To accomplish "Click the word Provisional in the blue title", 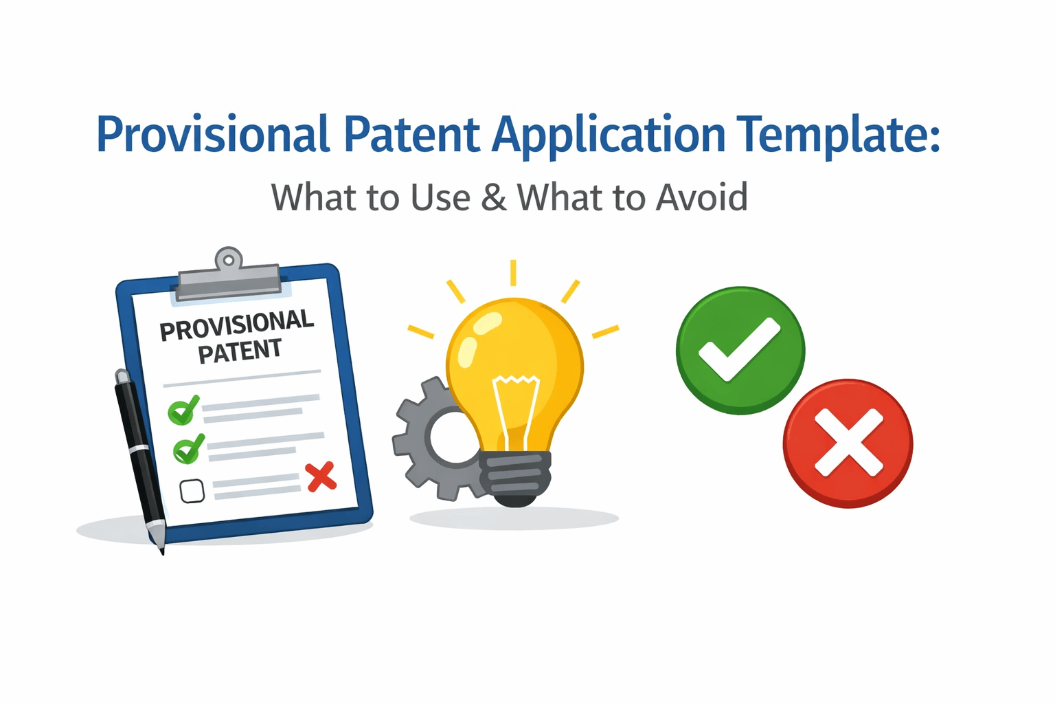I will [x=213, y=135].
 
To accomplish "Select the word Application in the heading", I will [x=609, y=135].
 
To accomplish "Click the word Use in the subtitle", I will [x=440, y=198].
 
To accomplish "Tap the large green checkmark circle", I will [x=740, y=351].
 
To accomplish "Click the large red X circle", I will [x=848, y=443].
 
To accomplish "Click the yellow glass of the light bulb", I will [x=515, y=364].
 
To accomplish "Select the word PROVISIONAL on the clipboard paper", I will [x=236, y=325].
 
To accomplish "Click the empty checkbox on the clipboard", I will [x=192, y=491].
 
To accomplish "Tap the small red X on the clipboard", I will [x=321, y=476].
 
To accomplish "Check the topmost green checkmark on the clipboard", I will [x=183, y=410].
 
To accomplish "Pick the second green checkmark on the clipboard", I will [x=188, y=449].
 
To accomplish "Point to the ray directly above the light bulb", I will [x=513, y=272].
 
